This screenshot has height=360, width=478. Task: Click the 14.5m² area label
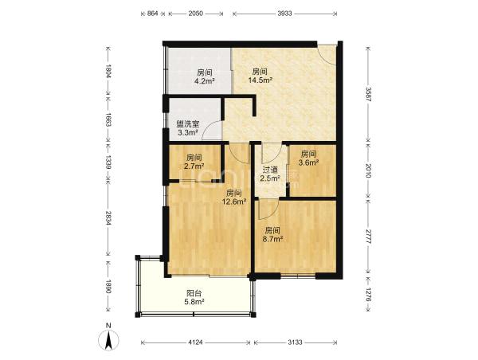(260, 80)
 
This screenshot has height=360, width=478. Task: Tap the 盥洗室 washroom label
(188, 124)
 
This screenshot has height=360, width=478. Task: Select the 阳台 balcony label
(194, 293)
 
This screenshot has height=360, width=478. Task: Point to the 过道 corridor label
(270, 170)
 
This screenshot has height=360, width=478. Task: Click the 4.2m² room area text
(205, 81)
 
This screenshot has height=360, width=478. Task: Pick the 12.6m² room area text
(234, 202)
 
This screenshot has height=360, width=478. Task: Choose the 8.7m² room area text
(272, 239)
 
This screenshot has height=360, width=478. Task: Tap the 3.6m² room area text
(308, 162)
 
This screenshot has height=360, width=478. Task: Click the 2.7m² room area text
(194, 166)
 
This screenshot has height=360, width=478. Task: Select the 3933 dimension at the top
(284, 14)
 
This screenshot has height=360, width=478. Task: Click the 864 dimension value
(153, 14)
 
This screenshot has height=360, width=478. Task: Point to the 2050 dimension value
(195, 14)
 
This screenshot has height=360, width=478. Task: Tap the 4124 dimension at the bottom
(195, 342)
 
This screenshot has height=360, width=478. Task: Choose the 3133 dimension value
(295, 342)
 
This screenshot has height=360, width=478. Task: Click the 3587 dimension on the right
(368, 94)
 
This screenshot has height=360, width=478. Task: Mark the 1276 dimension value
(368, 295)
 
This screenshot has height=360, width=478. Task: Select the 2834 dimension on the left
(108, 217)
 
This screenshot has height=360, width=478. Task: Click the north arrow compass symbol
(108, 338)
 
